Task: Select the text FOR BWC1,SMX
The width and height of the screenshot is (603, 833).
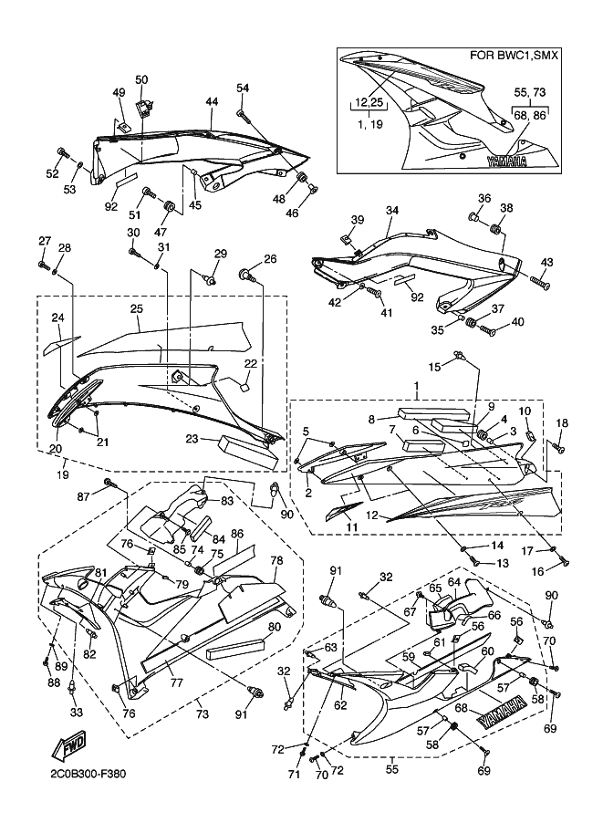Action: point(514,56)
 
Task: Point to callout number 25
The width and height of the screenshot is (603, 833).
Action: point(137,308)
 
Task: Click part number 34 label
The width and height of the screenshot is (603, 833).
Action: point(392,211)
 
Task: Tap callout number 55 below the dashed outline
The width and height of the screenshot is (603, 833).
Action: point(392,768)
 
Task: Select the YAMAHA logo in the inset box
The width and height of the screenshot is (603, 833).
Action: point(507,161)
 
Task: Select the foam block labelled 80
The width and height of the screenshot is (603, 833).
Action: point(236,648)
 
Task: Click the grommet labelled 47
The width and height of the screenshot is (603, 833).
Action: point(170,205)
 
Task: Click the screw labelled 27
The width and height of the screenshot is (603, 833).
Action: point(44,264)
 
